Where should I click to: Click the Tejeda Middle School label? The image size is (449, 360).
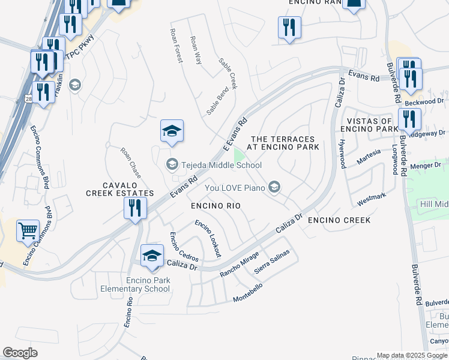click(221, 165)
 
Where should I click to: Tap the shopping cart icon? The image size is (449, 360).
click(28, 230)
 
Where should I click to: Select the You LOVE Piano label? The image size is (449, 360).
click(235, 188)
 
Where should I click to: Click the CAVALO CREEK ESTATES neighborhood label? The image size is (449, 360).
click(120, 189)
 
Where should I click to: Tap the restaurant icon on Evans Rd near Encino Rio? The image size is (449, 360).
click(135, 208)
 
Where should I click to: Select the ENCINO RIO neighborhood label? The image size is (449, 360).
click(215, 206)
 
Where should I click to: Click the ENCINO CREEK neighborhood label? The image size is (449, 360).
click(339, 220)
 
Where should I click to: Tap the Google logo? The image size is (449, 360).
click(20, 353)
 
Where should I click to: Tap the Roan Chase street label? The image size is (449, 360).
click(130, 163)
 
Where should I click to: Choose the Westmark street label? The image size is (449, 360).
click(371, 199)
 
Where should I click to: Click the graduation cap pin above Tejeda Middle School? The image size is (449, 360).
click(172, 131)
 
